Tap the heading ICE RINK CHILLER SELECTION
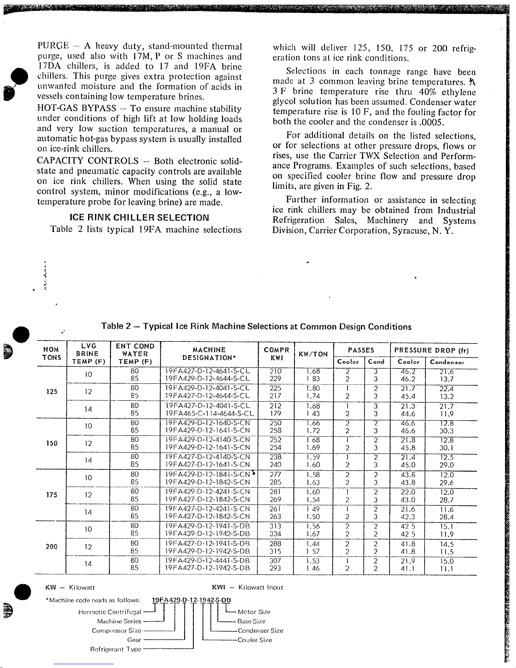coord(139,218)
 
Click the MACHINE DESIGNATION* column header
coord(209,354)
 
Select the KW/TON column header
coord(313,354)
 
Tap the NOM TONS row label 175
coord(51,495)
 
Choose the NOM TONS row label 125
coord(51,392)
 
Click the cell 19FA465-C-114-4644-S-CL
coord(209,414)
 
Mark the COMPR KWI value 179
coord(275,414)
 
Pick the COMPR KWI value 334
coord(275,534)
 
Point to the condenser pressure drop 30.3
coord(446,431)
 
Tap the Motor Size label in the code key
coord(254,612)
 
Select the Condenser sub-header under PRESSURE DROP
coord(447,362)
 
